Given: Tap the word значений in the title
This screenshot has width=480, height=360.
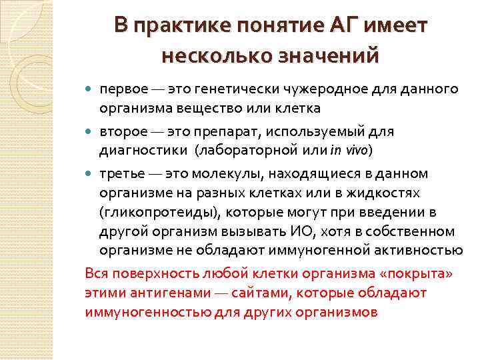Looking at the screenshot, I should coord(332,53).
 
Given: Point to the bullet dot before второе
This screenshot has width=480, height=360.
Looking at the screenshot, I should coord(91,132).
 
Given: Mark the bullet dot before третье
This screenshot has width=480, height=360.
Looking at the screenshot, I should coord(91,174).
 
